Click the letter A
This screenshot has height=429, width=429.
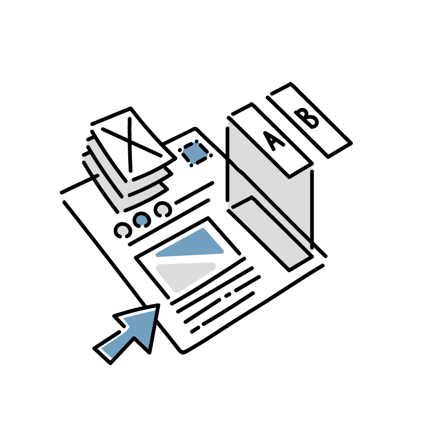point(274,142)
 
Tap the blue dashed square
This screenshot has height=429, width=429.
point(195,153)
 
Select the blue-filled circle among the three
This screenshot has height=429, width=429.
point(142,220)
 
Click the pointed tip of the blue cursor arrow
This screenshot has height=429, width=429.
point(158,305)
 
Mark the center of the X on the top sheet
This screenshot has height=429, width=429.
point(129,142)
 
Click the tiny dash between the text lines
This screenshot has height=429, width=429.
point(227,295)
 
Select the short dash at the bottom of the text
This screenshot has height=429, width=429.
point(195,330)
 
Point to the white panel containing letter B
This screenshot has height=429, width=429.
point(310,120)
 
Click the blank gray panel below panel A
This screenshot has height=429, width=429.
point(271,233)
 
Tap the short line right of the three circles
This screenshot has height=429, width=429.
point(194,193)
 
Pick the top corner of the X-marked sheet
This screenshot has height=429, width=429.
point(131,108)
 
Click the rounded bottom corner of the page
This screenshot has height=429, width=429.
point(182,352)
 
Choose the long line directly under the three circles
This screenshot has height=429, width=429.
point(169,222)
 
